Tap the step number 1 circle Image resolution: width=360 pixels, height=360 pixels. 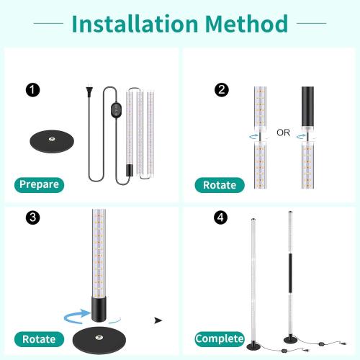pos(32,90)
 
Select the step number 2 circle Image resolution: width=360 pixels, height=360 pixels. pos(222,90)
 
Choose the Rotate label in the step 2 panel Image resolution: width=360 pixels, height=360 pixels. pos(218,184)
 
